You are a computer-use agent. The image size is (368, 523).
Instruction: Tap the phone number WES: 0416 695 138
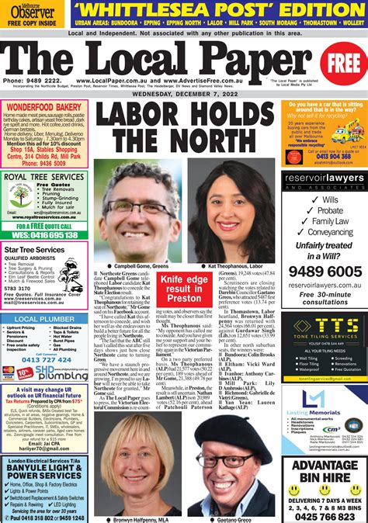[x=45, y=234]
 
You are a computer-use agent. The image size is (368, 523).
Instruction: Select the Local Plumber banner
[x=45, y=319]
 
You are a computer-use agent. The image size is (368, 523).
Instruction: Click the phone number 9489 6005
[x=324, y=272]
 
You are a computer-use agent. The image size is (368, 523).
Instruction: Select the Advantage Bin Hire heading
[x=325, y=471]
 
